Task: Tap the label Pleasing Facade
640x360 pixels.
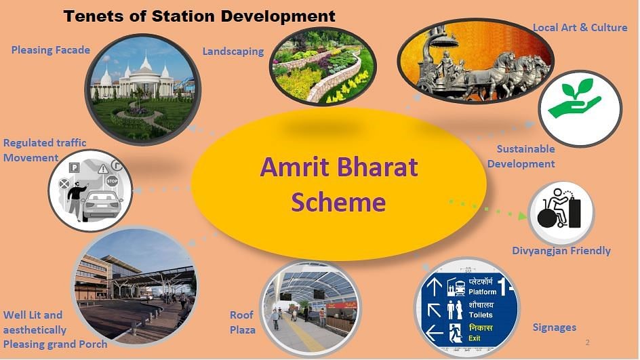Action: (51, 50)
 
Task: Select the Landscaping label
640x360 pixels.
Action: (233, 52)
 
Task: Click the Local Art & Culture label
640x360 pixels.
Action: (580, 27)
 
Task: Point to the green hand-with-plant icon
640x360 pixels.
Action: (574, 100)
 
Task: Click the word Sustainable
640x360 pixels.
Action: (525, 149)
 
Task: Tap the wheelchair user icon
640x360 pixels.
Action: (559, 208)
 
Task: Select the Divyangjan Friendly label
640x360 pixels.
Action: (561, 251)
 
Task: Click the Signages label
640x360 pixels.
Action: (555, 327)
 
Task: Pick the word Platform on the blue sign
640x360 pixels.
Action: (482, 292)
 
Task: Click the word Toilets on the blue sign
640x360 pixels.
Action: (481, 315)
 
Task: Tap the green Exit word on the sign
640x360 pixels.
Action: (475, 338)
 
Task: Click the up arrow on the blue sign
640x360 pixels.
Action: (435, 286)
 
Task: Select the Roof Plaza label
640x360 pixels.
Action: (242, 323)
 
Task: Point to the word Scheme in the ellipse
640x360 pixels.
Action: (338, 202)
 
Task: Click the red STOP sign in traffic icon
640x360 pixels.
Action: (112, 180)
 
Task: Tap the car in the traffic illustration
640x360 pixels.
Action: (102, 205)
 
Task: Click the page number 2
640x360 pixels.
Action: (587, 342)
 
